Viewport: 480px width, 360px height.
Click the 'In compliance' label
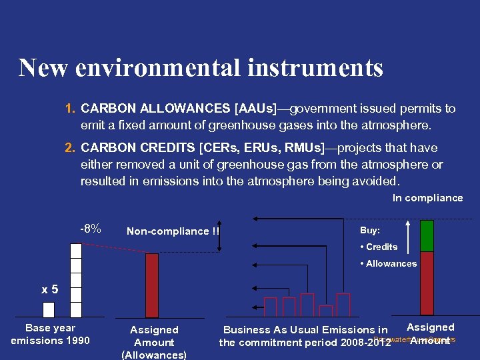(427, 198)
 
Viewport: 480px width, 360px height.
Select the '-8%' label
(91, 229)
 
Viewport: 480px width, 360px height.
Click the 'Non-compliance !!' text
(173, 231)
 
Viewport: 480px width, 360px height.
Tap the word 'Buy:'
(370, 230)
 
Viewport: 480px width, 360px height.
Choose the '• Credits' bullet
(379, 247)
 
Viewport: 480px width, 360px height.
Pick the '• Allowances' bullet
(388, 263)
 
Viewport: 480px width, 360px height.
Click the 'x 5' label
(50, 289)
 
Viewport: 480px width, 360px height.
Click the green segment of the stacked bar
(427, 235)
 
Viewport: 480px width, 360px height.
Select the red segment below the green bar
(427, 283)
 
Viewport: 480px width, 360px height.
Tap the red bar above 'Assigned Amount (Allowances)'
(152, 285)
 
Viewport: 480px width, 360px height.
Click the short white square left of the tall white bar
(48, 310)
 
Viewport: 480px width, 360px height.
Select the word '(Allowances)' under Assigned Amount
(154, 355)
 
